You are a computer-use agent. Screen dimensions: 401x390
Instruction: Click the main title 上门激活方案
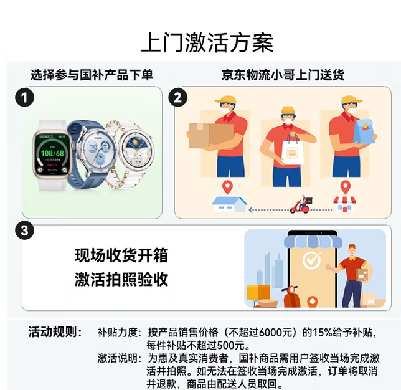click(x=207, y=42)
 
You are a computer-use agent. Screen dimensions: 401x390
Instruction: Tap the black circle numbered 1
click(x=24, y=98)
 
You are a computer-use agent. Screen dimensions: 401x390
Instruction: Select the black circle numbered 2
click(x=177, y=98)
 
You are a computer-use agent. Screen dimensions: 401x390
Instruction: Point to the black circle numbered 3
click(x=24, y=231)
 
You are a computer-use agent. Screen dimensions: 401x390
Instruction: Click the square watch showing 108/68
click(x=52, y=155)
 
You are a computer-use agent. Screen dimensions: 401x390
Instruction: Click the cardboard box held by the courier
click(x=210, y=136)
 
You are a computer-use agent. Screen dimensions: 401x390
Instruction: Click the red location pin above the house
click(x=227, y=187)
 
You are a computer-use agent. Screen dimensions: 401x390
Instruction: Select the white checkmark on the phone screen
click(x=312, y=260)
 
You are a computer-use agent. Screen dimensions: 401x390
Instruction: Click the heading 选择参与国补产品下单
click(x=92, y=75)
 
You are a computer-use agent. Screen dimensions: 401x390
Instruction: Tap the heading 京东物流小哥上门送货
click(x=283, y=75)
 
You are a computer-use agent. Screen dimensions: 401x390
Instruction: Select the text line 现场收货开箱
click(x=121, y=255)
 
